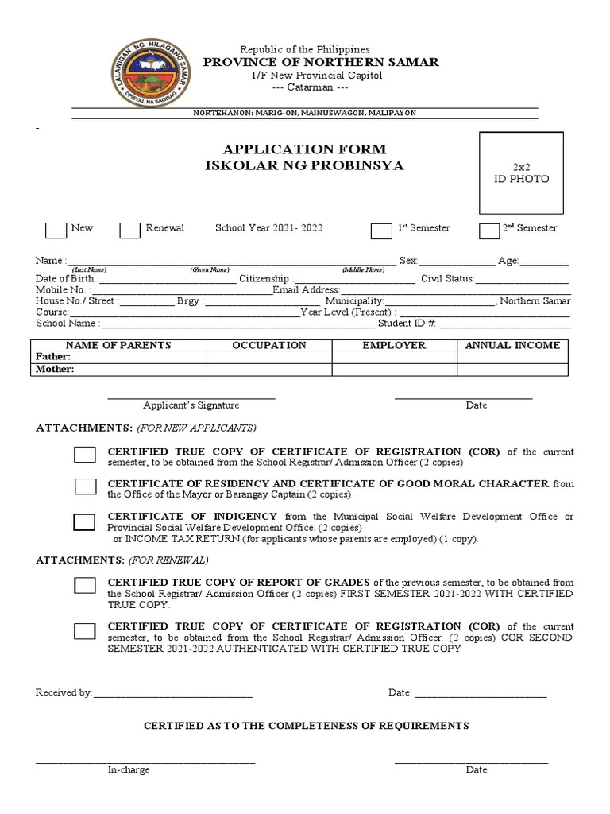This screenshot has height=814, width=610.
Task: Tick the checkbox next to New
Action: click(x=56, y=230)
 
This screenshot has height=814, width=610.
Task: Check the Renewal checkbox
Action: click(x=130, y=230)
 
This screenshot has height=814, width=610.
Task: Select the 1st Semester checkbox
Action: click(x=381, y=231)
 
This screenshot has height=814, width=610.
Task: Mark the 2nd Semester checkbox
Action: click(x=489, y=231)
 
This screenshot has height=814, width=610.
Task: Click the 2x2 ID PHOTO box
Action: click(x=520, y=173)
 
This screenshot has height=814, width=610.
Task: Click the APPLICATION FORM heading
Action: click(x=304, y=149)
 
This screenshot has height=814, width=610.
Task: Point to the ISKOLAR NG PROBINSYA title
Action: click(x=304, y=165)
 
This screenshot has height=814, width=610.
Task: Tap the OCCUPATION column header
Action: click(x=268, y=345)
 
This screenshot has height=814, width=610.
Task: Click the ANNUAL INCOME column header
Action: click(x=512, y=345)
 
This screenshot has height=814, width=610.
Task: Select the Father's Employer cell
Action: click(x=394, y=358)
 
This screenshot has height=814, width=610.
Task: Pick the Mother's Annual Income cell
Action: click(x=512, y=369)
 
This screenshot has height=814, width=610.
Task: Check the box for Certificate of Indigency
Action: click(x=85, y=522)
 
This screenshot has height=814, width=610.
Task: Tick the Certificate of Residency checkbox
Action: click(x=85, y=486)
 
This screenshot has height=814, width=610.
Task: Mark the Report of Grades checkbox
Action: click(x=85, y=586)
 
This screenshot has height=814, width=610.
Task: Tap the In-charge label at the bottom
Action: click(x=129, y=769)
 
